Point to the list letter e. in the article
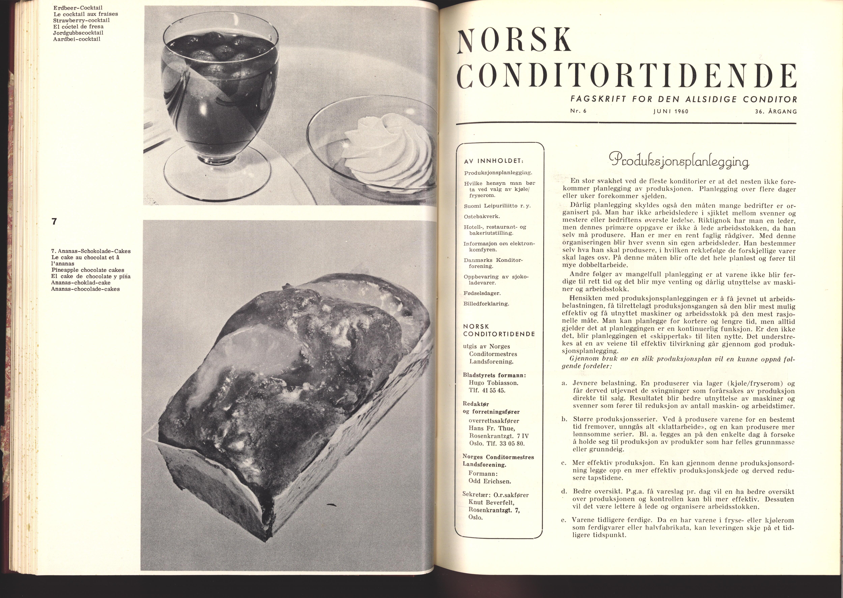point(564,521)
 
